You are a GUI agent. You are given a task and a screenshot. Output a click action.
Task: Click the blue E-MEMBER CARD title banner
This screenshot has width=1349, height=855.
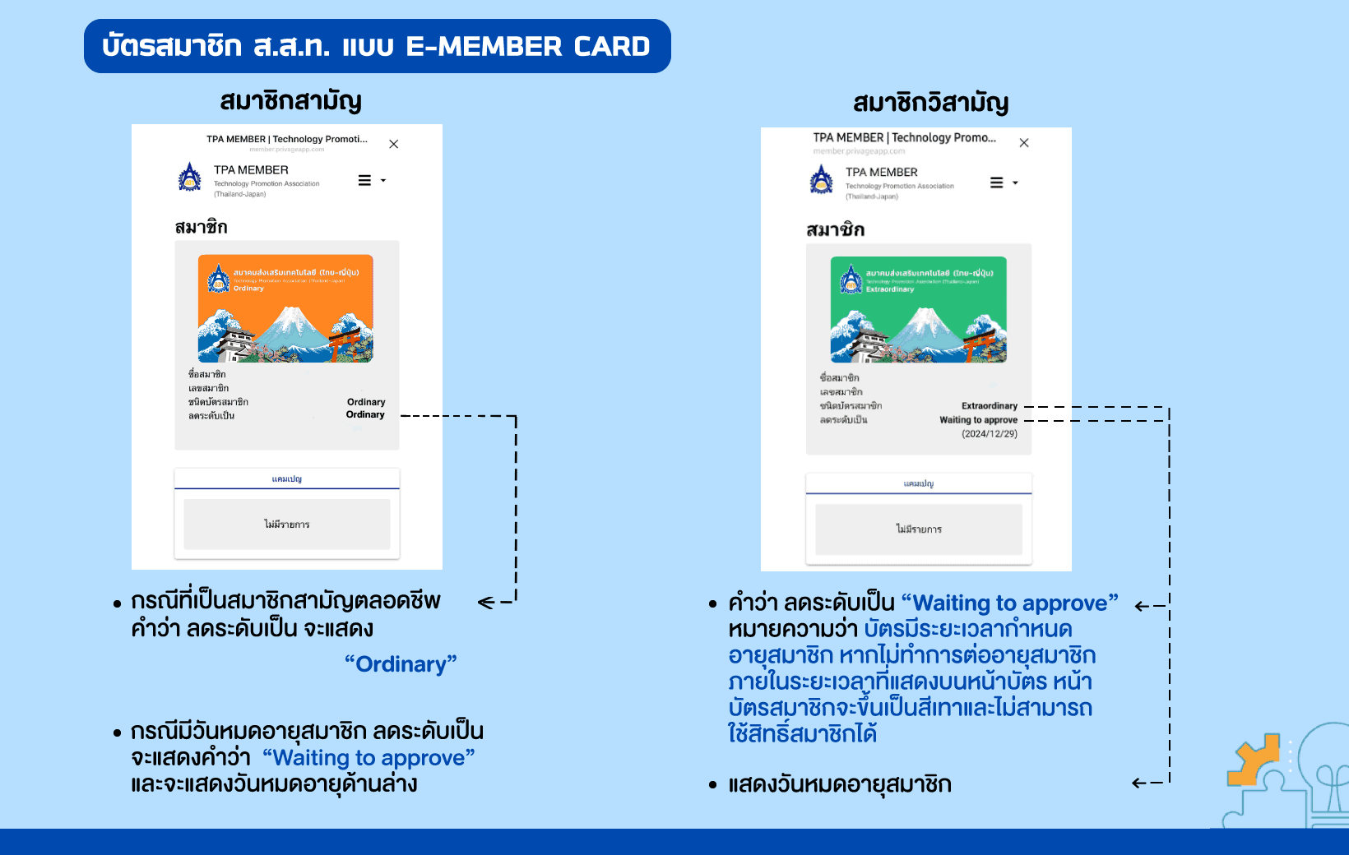coord(377,46)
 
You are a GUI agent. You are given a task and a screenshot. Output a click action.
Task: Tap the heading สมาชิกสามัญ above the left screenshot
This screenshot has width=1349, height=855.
coord(290,101)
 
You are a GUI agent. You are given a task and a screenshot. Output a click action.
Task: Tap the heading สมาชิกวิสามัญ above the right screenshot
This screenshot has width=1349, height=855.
coord(930,103)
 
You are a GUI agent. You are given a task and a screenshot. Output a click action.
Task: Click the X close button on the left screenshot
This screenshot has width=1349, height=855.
coord(394,144)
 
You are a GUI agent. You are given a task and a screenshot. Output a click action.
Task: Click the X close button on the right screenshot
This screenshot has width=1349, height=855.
coord(1024,143)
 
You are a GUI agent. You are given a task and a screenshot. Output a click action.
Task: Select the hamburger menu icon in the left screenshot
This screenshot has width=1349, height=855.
coord(365,181)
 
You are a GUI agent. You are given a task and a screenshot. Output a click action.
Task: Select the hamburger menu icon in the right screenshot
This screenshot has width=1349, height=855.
coord(996,183)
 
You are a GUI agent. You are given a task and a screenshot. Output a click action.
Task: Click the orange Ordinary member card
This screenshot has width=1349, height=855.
coord(285,308)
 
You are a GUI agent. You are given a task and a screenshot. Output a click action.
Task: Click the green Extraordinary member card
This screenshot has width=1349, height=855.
coord(918,310)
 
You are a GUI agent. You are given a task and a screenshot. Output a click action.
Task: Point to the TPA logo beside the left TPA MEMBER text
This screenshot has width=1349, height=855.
coord(190,177)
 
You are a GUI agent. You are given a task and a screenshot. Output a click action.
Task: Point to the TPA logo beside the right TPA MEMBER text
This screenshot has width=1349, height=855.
coord(821,179)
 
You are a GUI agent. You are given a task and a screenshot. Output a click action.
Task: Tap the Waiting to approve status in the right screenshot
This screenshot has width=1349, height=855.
coord(978,420)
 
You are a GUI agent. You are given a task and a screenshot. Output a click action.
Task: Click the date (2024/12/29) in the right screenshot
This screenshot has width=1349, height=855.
coord(989,434)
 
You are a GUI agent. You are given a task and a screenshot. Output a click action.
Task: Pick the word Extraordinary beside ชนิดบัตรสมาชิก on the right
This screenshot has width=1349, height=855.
coord(989,406)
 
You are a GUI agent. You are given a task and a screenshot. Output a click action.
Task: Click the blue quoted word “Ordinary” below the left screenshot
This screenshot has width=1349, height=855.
coord(401,664)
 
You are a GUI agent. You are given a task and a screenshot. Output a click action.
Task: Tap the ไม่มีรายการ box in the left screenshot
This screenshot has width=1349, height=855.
coord(286,525)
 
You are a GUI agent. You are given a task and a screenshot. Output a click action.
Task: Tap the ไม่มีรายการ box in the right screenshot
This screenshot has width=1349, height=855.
coord(918,529)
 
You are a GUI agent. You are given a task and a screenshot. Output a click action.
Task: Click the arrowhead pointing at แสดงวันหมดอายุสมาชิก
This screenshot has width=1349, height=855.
coord(1138,783)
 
